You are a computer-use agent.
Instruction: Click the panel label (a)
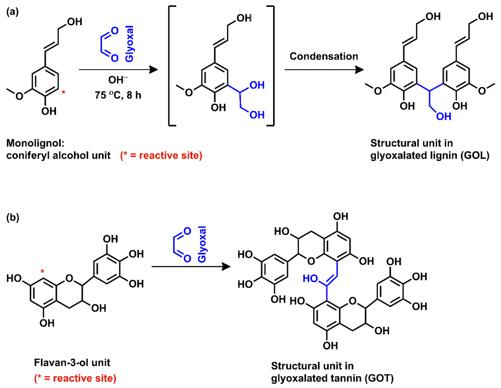[12, 12]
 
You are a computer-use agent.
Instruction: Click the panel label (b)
[12, 218]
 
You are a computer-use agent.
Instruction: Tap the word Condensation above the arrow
[324, 56]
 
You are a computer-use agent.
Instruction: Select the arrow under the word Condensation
[324, 70]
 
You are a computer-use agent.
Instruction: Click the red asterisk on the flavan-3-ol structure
[43, 272]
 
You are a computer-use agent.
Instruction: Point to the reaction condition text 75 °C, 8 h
[118, 95]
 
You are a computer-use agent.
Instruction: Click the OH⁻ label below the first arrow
[117, 80]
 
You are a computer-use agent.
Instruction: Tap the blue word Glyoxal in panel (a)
[129, 44]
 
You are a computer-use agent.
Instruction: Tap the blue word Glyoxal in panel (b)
[202, 244]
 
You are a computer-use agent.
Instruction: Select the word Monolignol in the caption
[35, 143]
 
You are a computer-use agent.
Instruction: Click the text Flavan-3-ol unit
[72, 363]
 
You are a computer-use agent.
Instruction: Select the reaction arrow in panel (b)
[191, 266]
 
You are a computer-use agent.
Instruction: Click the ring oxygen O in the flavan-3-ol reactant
[69, 279]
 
